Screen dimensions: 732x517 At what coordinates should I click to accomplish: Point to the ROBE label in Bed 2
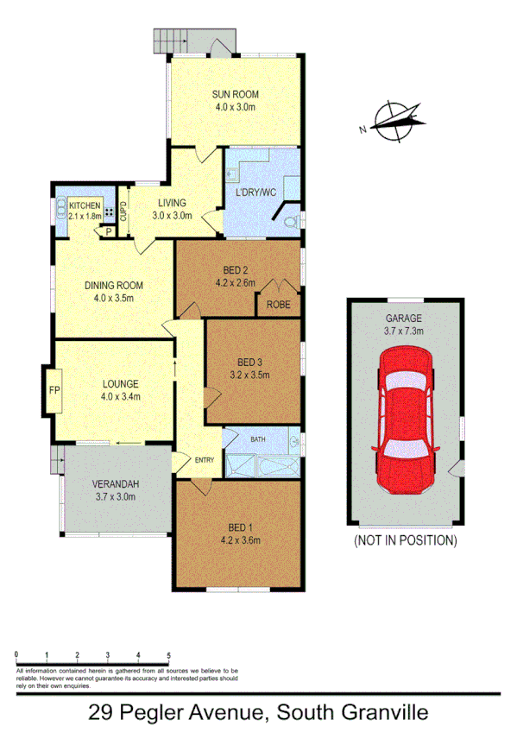(x=278, y=305)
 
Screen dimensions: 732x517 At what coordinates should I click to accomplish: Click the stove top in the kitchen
(x=110, y=212)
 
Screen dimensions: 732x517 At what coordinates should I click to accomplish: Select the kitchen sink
(x=60, y=211)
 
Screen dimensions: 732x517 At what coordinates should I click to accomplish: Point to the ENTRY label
(x=205, y=459)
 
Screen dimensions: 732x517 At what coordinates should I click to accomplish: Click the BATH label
(x=258, y=439)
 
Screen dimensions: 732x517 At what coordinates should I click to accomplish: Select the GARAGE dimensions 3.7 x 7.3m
(x=404, y=329)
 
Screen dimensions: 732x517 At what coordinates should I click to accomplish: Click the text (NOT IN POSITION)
(x=404, y=541)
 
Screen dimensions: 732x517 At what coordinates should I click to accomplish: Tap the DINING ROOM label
(x=113, y=286)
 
